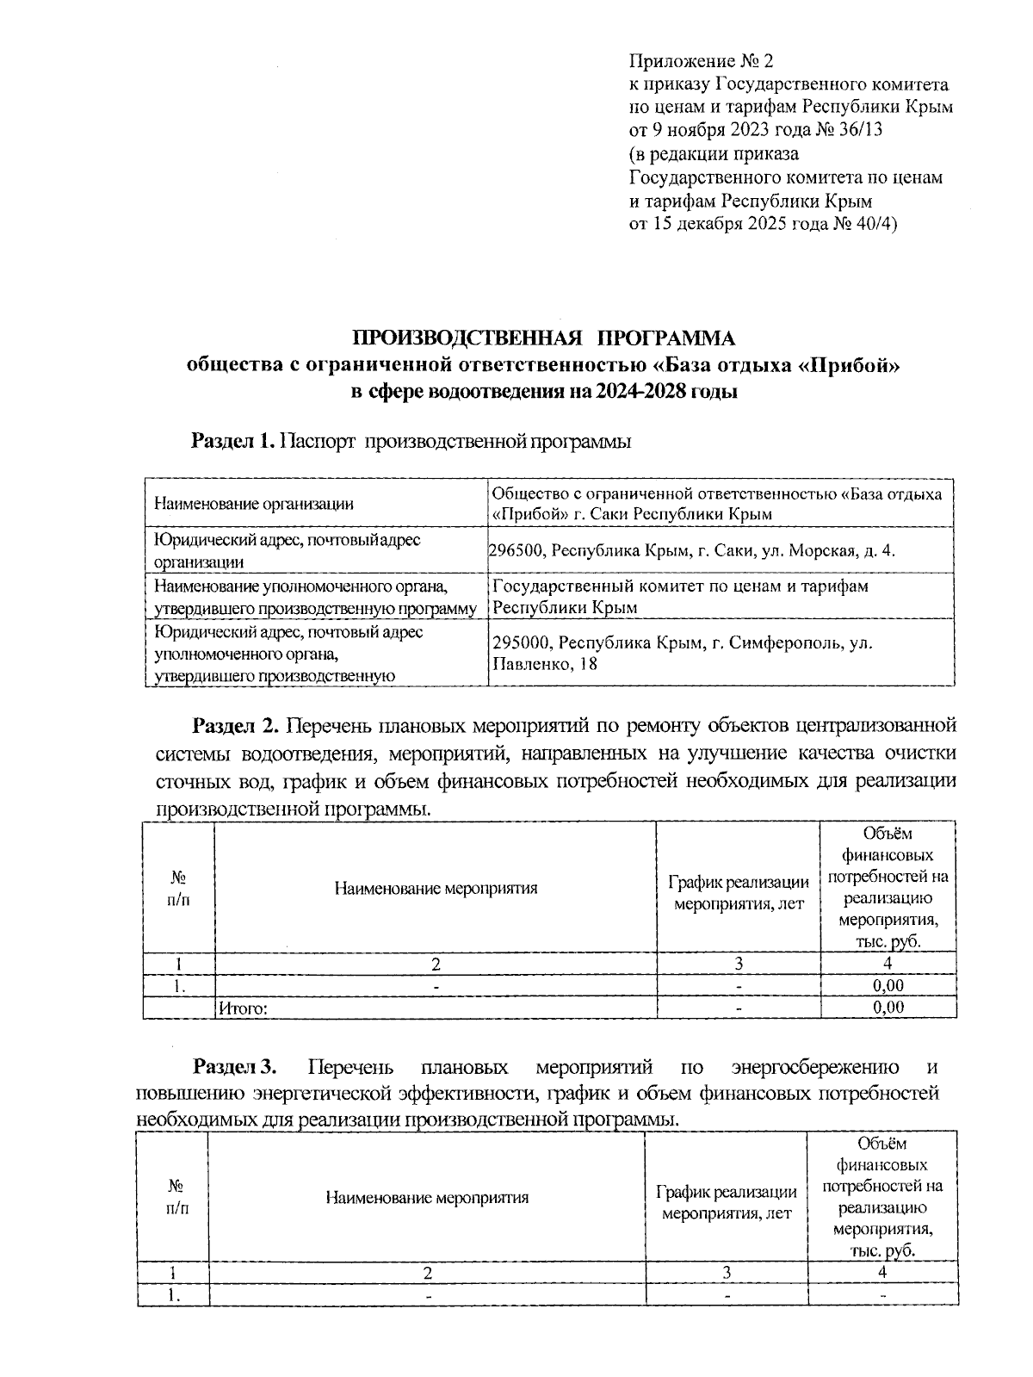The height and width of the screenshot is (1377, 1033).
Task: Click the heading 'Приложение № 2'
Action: (x=702, y=61)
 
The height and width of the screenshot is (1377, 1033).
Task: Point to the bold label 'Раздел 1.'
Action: (x=232, y=442)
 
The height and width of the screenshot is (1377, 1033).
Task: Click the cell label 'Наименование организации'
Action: (x=253, y=505)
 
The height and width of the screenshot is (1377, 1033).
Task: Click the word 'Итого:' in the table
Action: (x=244, y=1008)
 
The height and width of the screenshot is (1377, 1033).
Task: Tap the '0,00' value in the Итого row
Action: (x=888, y=1008)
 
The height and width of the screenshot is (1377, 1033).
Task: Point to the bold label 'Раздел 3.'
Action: (x=234, y=1068)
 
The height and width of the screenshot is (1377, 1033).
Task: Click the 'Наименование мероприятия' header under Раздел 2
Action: (x=436, y=888)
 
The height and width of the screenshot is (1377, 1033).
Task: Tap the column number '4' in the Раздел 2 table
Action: (x=888, y=964)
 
